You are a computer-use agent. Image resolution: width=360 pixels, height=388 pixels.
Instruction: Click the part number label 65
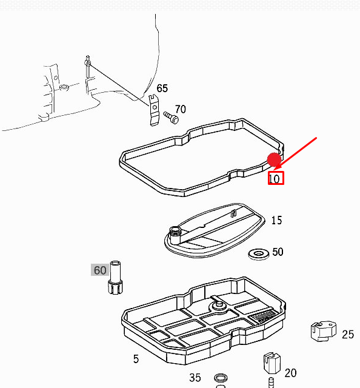coord(162,89)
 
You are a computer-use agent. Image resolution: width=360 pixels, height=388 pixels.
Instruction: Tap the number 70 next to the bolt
coord(181,109)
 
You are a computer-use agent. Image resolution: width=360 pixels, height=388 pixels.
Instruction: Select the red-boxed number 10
coord(276,178)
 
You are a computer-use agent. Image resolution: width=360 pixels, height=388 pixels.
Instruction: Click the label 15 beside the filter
coord(276,221)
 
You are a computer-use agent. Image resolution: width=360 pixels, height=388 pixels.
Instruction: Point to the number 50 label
coord(278,252)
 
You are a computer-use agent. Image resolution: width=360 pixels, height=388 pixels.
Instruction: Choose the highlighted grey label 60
coord(99,270)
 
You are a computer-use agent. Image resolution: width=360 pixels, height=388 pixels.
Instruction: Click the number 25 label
coord(348,334)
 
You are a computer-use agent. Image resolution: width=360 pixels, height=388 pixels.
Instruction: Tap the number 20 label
coord(290,373)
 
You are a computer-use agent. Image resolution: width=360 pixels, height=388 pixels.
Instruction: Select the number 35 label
coord(195,378)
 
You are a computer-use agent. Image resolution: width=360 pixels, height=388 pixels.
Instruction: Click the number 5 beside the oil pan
coord(136,359)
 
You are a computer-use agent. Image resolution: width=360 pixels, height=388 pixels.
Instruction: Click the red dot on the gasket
coord(275,161)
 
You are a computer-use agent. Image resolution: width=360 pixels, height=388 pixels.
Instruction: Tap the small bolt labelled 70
coord(171,116)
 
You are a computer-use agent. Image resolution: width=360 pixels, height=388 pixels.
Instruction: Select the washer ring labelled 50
coord(259,252)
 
